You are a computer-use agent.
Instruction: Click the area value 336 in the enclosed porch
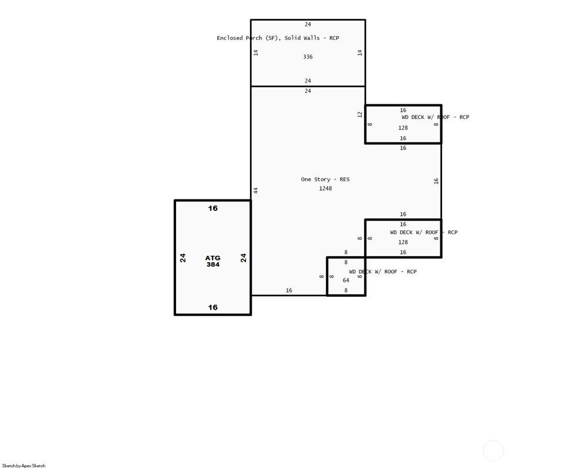308,57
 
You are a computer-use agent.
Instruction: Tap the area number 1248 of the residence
325,188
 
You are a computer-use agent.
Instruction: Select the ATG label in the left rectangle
212,258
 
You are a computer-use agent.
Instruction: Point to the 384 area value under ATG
212,264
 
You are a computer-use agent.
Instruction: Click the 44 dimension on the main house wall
256,191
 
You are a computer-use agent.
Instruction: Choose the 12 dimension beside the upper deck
360,114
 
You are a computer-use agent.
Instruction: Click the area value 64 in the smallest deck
346,280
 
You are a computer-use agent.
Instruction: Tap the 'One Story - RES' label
325,179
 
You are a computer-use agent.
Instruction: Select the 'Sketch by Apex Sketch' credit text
23,466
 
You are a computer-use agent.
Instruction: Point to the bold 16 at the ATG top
212,208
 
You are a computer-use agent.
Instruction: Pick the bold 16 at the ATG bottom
212,307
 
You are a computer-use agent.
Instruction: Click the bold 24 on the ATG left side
183,258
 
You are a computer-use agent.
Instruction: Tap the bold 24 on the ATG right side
244,258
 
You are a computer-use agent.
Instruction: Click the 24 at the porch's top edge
308,24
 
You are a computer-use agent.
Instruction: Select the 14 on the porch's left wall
256,53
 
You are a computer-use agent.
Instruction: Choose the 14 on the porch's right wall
360,53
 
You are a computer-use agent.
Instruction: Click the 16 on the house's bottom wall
289,290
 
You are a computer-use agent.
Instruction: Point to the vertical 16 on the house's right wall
436,181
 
